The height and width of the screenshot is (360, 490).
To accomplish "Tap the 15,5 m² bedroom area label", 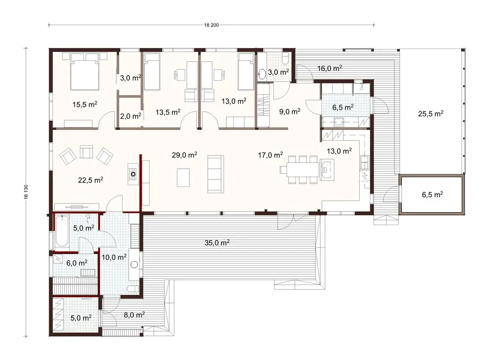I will (85, 104).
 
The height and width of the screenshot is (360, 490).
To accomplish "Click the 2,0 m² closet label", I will (130, 116).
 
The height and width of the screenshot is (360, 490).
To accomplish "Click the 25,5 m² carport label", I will (431, 113).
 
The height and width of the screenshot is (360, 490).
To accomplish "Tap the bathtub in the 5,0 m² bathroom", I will (62, 231).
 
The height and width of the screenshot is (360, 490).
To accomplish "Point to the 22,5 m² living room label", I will (91, 180).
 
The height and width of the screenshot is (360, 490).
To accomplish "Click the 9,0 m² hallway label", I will (290, 111).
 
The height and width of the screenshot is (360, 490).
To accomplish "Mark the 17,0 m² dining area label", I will (271, 155).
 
